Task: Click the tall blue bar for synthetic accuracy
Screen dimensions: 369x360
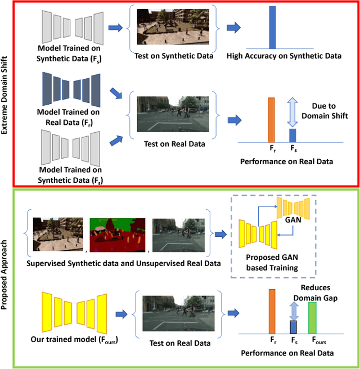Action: pos(272,28)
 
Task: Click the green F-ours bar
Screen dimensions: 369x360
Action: pos(312,319)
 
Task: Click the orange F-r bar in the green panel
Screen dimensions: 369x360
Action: pos(272,312)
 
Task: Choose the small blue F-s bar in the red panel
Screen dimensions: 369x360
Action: pos(292,135)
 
